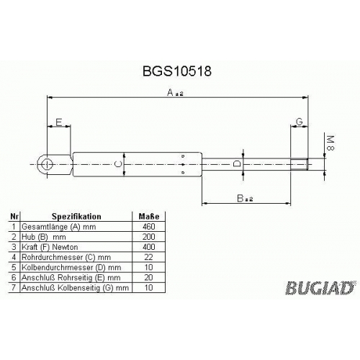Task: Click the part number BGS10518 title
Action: tap(177, 71)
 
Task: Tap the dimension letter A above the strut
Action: tap(170, 92)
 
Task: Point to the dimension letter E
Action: tap(58, 122)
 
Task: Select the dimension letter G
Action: tap(300, 122)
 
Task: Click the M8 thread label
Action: tap(330, 143)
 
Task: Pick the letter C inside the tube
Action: tap(118, 164)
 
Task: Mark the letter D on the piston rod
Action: tap(237, 164)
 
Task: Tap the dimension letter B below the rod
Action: tap(240, 199)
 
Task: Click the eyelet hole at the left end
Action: tap(47, 164)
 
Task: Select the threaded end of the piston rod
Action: tap(299, 164)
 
